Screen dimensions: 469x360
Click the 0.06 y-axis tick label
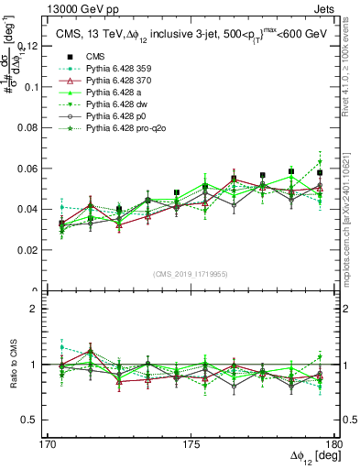coord(38,168)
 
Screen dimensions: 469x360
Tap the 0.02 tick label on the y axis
coord(38,250)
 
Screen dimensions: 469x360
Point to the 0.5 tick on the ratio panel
coord(43,420)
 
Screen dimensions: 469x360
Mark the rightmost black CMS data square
coord(320,172)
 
